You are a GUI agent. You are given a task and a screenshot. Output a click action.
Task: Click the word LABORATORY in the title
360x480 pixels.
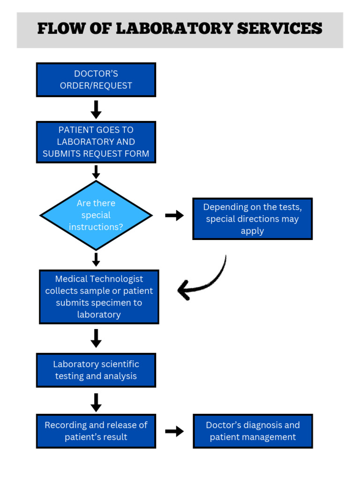pyautogui.click(x=174, y=29)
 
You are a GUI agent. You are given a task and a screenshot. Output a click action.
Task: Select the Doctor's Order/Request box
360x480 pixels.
pyautogui.click(x=96, y=80)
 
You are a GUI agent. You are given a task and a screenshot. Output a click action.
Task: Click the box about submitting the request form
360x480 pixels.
pyautogui.click(x=96, y=142)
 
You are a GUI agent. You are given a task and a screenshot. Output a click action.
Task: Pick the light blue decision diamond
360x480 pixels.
pyautogui.click(x=96, y=215)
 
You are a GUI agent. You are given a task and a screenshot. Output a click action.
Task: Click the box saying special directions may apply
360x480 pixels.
pyautogui.click(x=252, y=219)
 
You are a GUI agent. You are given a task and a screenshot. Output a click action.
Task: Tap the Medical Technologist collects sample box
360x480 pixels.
pyautogui.click(x=99, y=297)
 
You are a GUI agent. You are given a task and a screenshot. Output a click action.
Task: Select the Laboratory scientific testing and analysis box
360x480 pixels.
pyautogui.click(x=96, y=370)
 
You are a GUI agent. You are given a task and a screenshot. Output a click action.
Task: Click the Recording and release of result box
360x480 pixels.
pyautogui.click(x=96, y=431)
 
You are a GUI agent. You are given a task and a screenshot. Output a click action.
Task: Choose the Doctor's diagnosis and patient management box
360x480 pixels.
pyautogui.click(x=253, y=431)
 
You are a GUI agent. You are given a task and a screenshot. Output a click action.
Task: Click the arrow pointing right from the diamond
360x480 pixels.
pyautogui.click(x=174, y=216)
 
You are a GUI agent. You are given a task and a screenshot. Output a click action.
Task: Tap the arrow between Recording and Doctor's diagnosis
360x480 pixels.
pyautogui.click(x=174, y=431)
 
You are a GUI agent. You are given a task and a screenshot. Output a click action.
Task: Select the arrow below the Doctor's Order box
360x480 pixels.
pyautogui.click(x=96, y=109)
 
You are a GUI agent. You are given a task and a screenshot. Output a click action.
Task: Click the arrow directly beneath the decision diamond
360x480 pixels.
pyautogui.click(x=96, y=259)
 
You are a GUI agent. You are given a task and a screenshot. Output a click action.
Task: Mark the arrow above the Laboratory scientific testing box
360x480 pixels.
pyautogui.click(x=96, y=338)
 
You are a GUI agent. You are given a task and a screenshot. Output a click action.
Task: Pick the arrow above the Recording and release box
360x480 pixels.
pyautogui.click(x=96, y=402)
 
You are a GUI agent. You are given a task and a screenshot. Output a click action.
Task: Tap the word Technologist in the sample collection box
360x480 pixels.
pyautogui.click(x=116, y=279)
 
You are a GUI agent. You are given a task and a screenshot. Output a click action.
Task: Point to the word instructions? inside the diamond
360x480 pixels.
pyautogui.click(x=96, y=227)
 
